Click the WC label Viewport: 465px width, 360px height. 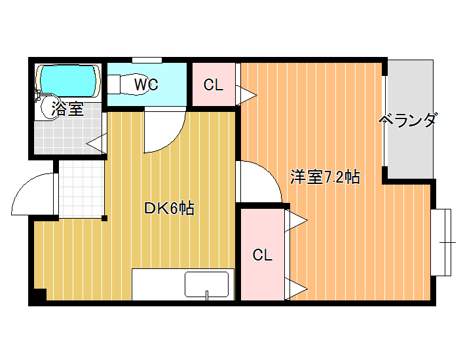[x=146, y=84]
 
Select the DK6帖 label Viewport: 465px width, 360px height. [x=169, y=208]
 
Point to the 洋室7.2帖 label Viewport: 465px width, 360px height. [x=325, y=177]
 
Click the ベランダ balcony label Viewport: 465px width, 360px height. [x=408, y=120]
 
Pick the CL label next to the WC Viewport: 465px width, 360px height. [x=214, y=85]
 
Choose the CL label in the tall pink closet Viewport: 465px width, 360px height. [x=263, y=255]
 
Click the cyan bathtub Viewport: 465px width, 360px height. [x=69, y=81]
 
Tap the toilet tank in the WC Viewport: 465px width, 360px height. [x=113, y=84]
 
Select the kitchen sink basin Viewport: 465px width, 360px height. [x=207, y=285]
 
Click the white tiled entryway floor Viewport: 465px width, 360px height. [x=81, y=189]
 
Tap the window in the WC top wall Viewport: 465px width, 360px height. [x=147, y=60]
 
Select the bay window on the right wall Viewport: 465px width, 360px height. [x=441, y=242]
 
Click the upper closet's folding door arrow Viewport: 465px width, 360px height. [x=246, y=95]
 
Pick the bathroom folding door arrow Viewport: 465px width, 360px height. [x=97, y=144]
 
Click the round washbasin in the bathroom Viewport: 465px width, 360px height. [x=51, y=107]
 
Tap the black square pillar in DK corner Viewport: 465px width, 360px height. [x=40, y=295]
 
